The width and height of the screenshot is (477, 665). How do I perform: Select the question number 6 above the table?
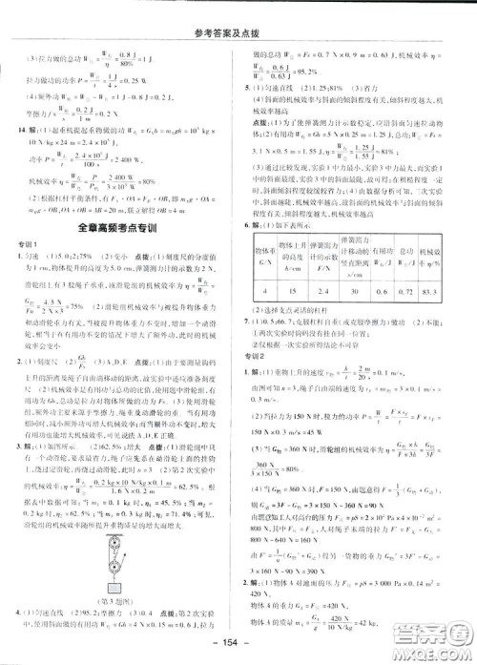pyautogui.click(x=247, y=225)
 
